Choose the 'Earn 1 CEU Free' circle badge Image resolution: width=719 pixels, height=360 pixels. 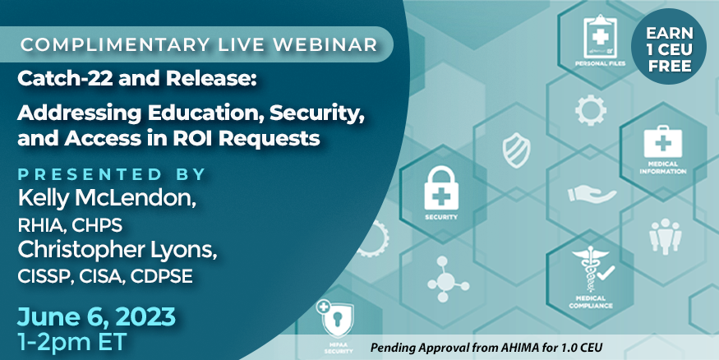point(669,47)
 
